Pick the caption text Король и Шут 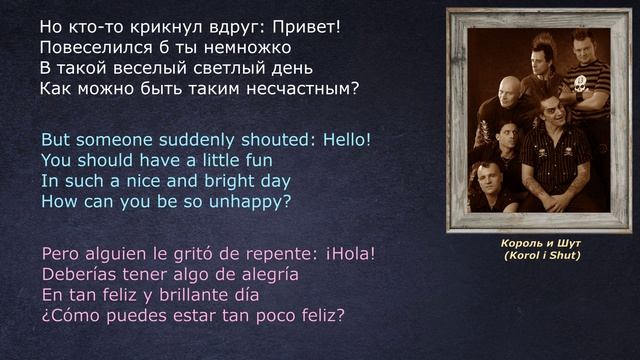click(x=541, y=243)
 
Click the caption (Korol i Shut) click(x=541, y=256)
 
